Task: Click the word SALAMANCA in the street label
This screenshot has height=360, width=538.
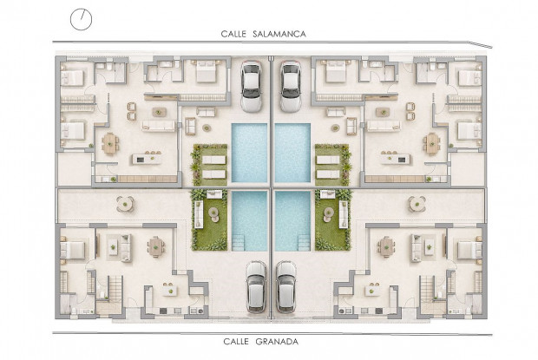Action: pos(279,34)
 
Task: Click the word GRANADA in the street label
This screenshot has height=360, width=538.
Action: pos(277,342)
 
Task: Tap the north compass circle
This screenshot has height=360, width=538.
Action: pos(82,19)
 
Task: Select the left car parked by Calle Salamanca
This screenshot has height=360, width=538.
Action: pos(251,87)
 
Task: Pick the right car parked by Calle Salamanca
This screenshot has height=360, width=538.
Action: pos(291,87)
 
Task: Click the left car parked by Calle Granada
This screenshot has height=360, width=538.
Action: pos(256,286)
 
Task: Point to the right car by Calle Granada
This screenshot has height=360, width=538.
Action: pos(286,286)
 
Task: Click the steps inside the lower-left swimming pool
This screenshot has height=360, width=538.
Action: pos(239,242)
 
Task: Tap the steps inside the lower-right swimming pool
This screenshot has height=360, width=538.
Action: pos(304,242)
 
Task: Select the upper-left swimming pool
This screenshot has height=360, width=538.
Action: pos(249,153)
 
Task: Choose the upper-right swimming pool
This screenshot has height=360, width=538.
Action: pos(292,153)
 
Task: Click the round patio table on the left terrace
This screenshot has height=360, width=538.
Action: pos(125,204)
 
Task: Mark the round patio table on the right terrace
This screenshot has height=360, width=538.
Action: pos(417,204)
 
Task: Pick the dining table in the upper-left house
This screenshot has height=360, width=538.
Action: pos(110,143)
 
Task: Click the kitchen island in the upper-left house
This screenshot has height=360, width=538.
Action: pos(147,159)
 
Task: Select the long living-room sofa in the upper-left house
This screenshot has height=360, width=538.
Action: pos(159,126)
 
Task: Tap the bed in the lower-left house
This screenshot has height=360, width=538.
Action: pos(73,250)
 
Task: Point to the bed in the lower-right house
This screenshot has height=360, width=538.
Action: pos(469,250)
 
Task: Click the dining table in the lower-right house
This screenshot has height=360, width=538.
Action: pos(386,246)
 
